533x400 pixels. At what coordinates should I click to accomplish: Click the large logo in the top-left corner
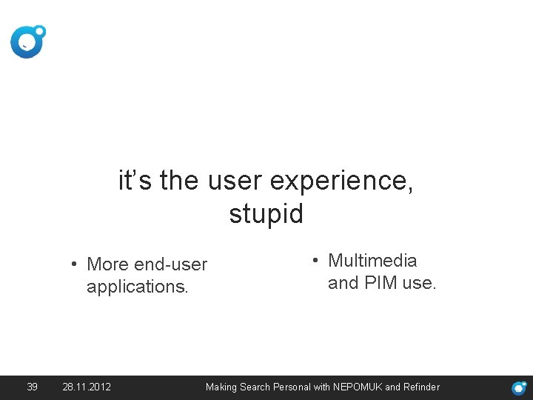pos(27,41)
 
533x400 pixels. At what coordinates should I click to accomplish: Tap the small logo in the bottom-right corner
pos(520,387)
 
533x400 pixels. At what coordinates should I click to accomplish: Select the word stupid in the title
pos(266,214)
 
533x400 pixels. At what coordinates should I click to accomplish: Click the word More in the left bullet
pos(107,264)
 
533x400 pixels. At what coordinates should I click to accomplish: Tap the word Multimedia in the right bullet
pos(372,261)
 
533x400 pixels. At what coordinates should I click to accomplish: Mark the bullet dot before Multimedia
pos(315,261)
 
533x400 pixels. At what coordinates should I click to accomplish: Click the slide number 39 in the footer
pos(32,387)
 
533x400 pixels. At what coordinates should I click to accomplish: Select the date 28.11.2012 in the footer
pos(87,387)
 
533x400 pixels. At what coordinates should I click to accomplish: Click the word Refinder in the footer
pos(421,387)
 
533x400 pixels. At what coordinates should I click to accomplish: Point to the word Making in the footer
pos(221,387)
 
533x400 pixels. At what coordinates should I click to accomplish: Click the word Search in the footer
pos(255,387)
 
